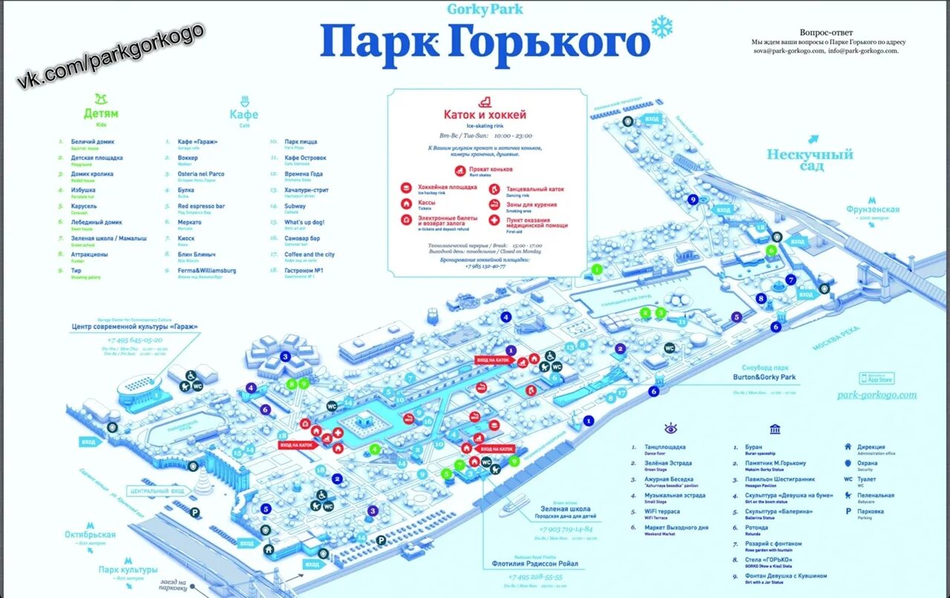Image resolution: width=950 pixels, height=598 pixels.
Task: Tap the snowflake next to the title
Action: tap(661, 27)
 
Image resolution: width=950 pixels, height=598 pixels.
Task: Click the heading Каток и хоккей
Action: tap(485, 115)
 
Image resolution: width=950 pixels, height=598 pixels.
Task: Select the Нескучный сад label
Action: tap(810, 160)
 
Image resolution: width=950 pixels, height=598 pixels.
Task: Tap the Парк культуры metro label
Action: tap(128, 569)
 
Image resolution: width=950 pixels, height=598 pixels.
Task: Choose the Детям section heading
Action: tap(101, 114)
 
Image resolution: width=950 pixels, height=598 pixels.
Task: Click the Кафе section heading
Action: tap(243, 114)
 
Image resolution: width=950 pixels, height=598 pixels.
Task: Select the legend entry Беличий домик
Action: tap(92, 141)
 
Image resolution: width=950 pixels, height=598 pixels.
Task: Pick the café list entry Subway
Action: tap(295, 206)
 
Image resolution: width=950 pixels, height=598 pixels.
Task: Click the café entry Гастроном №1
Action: tap(304, 270)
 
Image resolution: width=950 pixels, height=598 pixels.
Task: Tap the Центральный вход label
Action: tap(157, 491)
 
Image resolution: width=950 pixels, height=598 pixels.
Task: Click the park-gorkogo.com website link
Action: tap(876, 395)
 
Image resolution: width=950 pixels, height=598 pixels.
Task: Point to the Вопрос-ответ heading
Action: tap(826, 33)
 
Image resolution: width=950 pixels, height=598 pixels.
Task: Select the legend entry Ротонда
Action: tap(757, 528)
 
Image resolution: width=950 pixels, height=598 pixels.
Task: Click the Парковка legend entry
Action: tap(871, 511)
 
